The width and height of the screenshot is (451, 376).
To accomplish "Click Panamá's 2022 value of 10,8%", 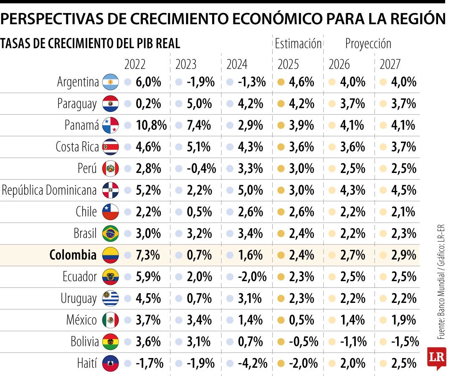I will pyautogui.click(x=151, y=125).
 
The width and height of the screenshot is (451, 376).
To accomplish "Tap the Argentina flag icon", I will pyautogui.click(x=110, y=82).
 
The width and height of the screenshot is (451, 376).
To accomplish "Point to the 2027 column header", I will pyautogui.click(x=390, y=64).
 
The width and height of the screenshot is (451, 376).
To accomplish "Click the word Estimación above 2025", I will pyautogui.click(x=298, y=44).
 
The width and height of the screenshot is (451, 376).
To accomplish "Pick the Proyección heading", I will pyautogui.click(x=368, y=44).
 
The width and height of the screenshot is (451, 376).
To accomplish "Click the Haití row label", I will pyautogui.click(x=87, y=363).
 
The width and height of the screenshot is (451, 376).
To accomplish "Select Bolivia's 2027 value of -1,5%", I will pyautogui.click(x=405, y=342).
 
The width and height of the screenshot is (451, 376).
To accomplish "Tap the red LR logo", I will pyautogui.click(x=436, y=358).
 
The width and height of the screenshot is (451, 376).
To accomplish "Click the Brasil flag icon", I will pyautogui.click(x=110, y=234).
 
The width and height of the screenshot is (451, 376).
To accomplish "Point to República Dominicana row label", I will pyautogui.click(x=49, y=190).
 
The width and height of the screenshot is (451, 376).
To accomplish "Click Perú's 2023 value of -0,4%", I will pyautogui.click(x=201, y=169).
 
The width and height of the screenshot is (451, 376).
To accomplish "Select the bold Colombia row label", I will pyautogui.click(x=73, y=255).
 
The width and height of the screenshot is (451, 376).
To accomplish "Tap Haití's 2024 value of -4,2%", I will pyautogui.click(x=252, y=363).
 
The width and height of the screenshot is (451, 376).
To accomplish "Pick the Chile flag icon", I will pyautogui.click(x=110, y=212).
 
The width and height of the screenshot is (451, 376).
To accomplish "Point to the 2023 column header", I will pyautogui.click(x=186, y=64).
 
